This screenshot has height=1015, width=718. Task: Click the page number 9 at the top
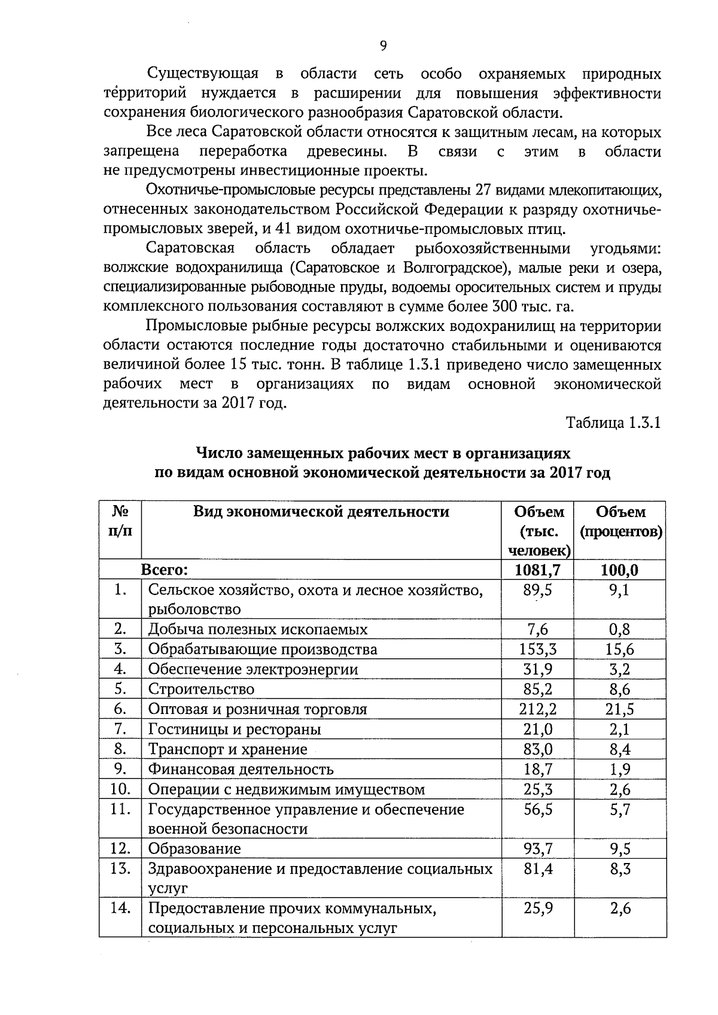point(383,46)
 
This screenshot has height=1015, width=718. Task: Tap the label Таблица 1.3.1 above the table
point(613,423)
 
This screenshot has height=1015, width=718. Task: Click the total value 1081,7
point(537,570)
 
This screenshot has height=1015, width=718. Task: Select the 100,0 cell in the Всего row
point(620,570)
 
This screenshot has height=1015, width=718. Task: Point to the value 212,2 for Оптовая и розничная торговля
point(538,709)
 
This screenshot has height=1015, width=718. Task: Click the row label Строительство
point(201,689)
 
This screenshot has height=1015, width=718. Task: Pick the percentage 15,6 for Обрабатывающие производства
point(620,649)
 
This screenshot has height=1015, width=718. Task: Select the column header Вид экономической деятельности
point(321,512)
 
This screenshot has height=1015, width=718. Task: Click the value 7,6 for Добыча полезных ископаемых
point(538,629)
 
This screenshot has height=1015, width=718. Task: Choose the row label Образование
point(194,849)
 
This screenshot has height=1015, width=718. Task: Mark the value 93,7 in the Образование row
point(538,849)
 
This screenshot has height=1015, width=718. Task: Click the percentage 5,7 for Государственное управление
point(620,810)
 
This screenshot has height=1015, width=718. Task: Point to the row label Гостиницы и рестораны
point(235,729)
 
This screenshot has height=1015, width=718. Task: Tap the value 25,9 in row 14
point(538,908)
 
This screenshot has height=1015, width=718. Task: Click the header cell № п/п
point(120,521)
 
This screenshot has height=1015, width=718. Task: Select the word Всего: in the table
point(165,570)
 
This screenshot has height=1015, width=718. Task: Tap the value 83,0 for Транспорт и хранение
point(538,749)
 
